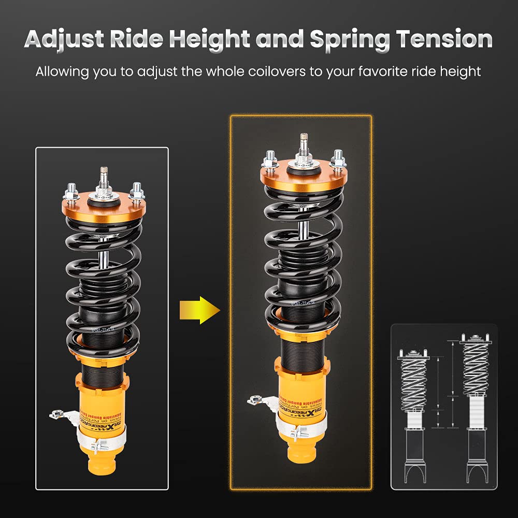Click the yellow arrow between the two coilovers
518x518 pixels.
(x=199, y=310)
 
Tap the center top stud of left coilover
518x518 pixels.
(x=104, y=177)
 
